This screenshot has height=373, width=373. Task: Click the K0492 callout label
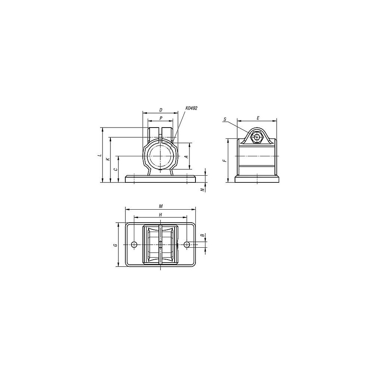point(191,108)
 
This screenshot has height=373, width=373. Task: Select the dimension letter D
point(161,110)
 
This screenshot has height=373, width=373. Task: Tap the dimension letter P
point(161,118)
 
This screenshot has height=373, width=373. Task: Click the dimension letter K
point(108,159)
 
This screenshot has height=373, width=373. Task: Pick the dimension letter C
point(116,169)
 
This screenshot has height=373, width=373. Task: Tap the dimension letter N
point(202,189)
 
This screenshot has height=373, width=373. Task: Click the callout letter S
point(225,119)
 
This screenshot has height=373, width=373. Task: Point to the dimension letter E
point(258,118)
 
